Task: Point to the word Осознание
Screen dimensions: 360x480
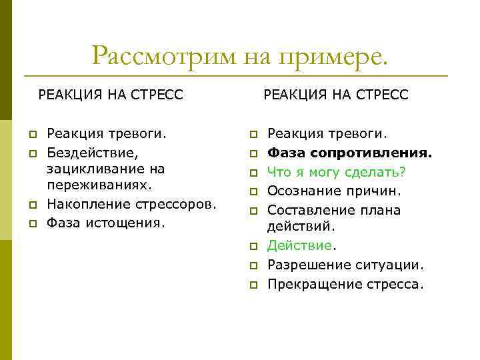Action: pyautogui.click(x=301, y=191)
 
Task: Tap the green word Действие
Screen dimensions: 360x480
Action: pyautogui.click(x=299, y=246)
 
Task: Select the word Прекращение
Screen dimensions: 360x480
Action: pyautogui.click(x=311, y=284)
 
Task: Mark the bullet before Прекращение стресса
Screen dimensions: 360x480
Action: pyautogui.click(x=253, y=285)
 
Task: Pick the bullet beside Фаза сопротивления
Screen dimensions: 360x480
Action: pyautogui.click(x=253, y=154)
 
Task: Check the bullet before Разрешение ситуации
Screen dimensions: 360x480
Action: pyautogui.click(x=253, y=266)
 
